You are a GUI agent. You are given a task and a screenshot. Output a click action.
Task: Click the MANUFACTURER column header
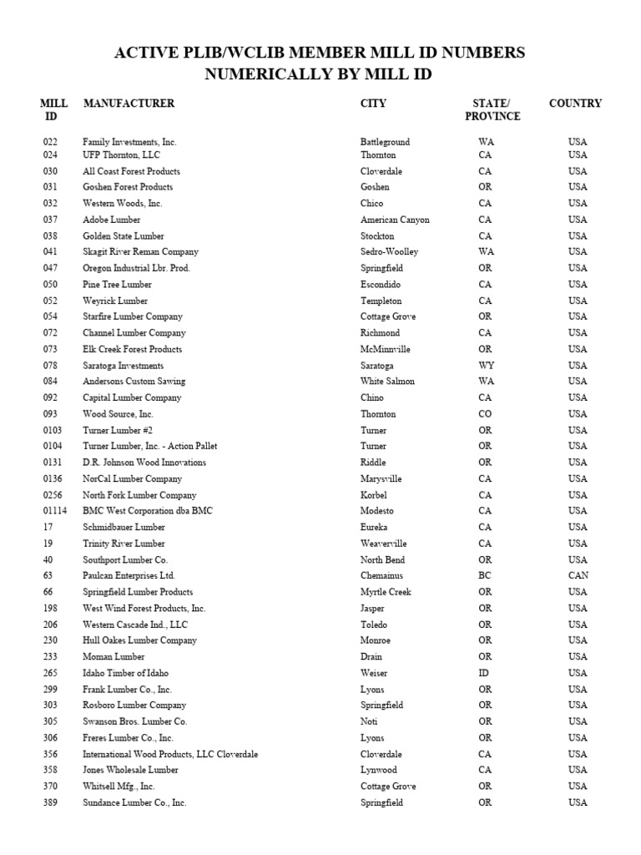[x=129, y=104]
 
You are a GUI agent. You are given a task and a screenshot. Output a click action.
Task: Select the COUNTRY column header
[x=575, y=104]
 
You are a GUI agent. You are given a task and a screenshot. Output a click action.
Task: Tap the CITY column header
[x=373, y=104]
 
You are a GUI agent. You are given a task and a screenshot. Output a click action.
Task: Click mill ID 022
[x=52, y=142]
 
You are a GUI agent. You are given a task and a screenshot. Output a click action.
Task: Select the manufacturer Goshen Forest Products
[x=128, y=187]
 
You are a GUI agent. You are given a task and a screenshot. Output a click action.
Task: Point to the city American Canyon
[x=395, y=220]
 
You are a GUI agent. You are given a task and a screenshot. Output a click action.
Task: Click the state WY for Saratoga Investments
[x=486, y=366]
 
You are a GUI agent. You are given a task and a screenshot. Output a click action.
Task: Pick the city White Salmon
[x=387, y=382]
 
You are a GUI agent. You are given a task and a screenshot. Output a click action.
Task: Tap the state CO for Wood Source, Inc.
[x=485, y=414]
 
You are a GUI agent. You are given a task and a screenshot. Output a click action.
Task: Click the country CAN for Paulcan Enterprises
[x=578, y=576]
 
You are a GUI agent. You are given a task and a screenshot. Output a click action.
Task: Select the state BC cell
[x=485, y=576]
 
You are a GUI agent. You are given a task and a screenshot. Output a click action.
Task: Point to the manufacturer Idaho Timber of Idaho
[x=125, y=673]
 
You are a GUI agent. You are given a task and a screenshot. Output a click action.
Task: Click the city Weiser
[x=374, y=673]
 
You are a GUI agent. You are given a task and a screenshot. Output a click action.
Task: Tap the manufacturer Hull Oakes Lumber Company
[x=139, y=640]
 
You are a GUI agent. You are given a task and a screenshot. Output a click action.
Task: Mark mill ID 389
[x=52, y=802]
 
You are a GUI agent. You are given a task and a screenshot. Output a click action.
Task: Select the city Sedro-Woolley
[x=389, y=252]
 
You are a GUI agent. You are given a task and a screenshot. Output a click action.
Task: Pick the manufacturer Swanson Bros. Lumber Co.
[x=134, y=721]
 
